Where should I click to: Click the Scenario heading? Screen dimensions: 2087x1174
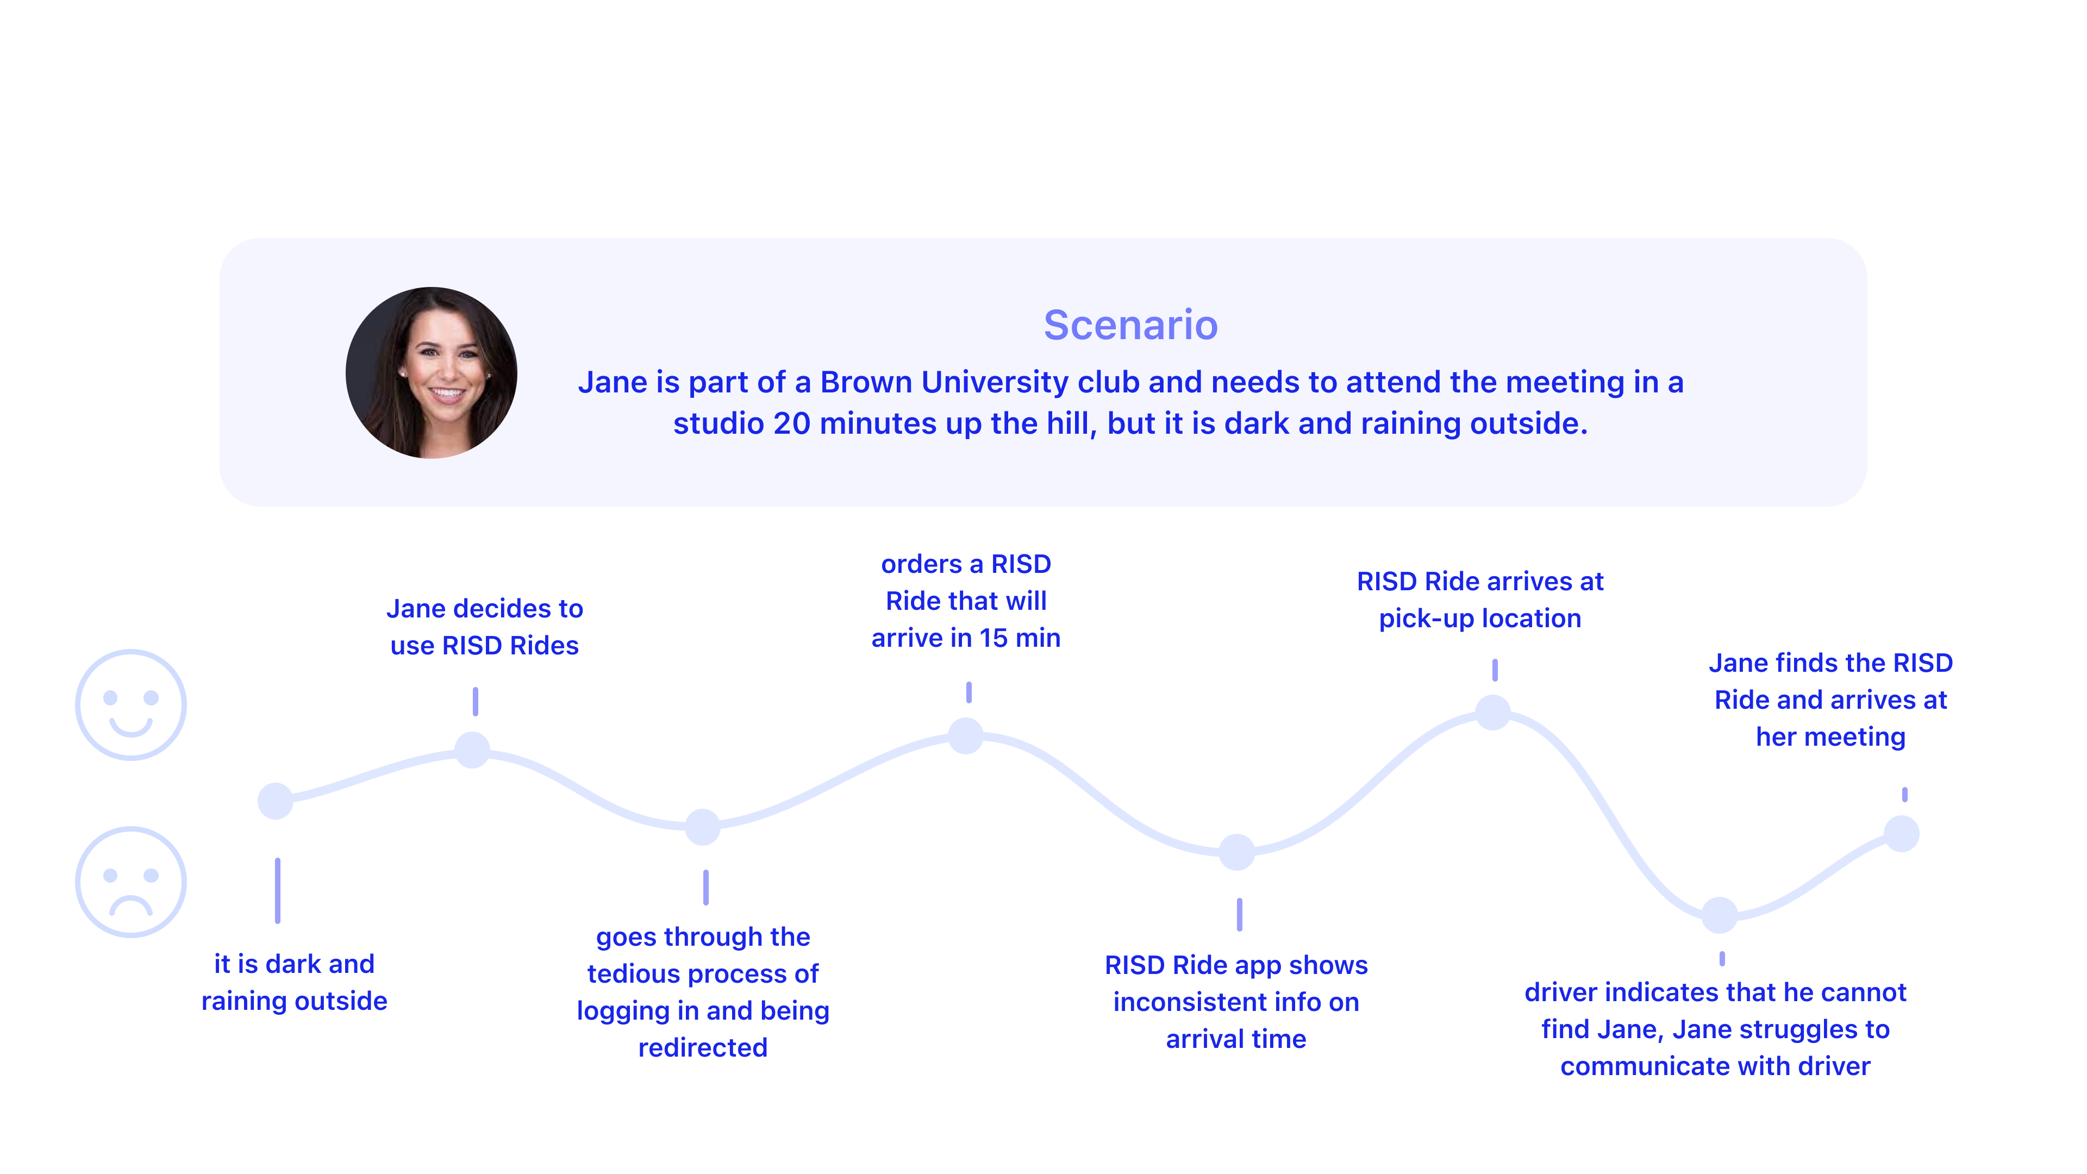(1130, 325)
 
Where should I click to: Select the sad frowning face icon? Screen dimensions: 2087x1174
(130, 882)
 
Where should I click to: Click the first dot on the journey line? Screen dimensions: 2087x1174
(276, 801)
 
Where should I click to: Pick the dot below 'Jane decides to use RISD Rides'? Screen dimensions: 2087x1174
(472, 750)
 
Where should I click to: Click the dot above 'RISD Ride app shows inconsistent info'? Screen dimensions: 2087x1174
(1237, 852)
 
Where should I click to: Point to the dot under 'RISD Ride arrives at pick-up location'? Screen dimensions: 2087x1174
(1492, 712)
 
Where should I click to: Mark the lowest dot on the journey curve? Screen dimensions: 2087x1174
(1719, 915)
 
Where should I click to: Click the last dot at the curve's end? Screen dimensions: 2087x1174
(1902, 834)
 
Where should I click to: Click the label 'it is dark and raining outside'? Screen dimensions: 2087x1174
(294, 982)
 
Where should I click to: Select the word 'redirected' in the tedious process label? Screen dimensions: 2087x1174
(702, 1047)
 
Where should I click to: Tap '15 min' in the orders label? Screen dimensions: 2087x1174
(1019, 639)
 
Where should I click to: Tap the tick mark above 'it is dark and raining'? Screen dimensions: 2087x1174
(278, 890)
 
